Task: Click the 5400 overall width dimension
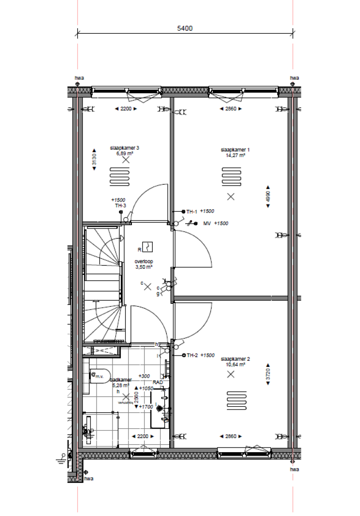[185, 28]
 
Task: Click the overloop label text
[144, 262]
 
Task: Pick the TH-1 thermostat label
[191, 212]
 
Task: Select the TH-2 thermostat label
[191, 356]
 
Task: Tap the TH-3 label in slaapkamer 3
[120, 205]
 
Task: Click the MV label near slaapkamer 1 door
[207, 224]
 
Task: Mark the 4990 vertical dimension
[268, 196]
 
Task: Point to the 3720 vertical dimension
[268, 374]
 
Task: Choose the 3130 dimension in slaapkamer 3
[94, 160]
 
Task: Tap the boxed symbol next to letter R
[148, 246]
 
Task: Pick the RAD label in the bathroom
[157, 382]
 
